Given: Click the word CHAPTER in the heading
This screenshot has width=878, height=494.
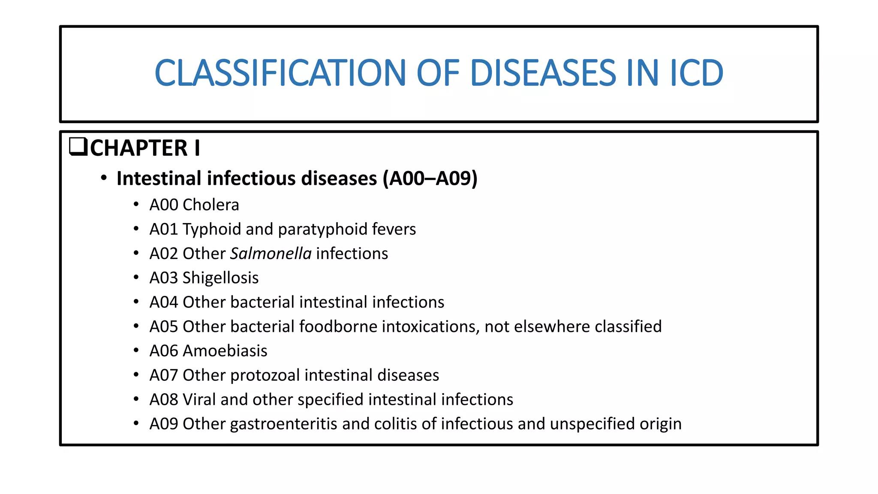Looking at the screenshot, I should coord(139,148).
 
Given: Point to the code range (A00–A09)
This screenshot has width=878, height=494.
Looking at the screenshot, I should coord(430,178).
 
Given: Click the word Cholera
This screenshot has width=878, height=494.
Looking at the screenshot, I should coord(210,205).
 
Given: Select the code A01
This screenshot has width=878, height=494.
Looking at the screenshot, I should coord(163,229).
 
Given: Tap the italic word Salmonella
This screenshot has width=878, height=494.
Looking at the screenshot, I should coord(271,253).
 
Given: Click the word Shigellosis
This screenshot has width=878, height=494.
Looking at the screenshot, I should coord(220,278).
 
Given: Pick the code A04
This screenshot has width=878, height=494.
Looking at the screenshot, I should coord(163,302).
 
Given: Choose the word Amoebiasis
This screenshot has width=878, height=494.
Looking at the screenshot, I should coord(225,351).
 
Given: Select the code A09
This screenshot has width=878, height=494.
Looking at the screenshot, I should coord(163,424).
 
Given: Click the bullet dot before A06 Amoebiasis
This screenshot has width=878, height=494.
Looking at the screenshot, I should coord(136,351).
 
